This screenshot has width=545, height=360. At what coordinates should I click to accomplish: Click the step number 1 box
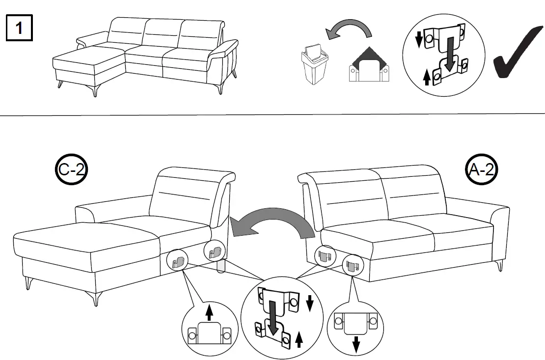[x=19, y=28]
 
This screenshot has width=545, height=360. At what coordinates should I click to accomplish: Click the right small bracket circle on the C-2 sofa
[x=214, y=251]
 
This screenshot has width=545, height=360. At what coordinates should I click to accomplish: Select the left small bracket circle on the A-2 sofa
[x=324, y=254]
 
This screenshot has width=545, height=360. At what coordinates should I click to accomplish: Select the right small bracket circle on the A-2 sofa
[x=352, y=266]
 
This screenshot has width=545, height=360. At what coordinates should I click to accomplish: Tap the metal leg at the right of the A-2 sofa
[x=500, y=266]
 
